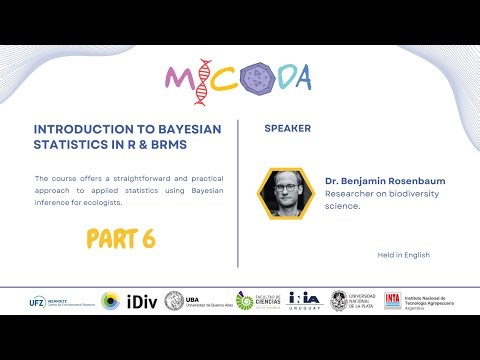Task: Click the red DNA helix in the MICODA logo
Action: pos(202,81)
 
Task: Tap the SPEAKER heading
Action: pos(287,129)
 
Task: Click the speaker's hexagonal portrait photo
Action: pos(285,192)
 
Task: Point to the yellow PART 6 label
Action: pos(119,239)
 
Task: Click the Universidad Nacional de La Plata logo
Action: pos(353,301)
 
